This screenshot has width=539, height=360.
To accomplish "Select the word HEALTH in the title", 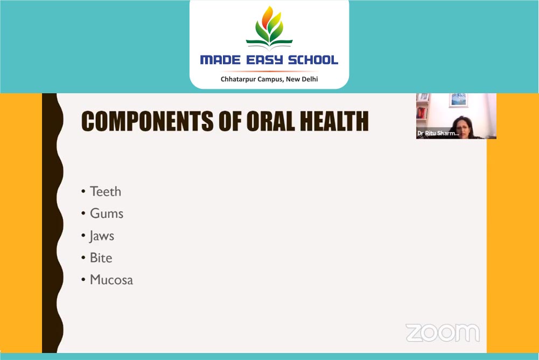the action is pyautogui.click(x=334, y=121).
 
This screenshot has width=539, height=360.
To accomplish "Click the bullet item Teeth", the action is pyautogui.click(x=106, y=191).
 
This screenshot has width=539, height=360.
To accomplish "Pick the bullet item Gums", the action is pyautogui.click(x=107, y=214).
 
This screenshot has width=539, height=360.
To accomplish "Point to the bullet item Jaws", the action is pyautogui.click(x=102, y=236).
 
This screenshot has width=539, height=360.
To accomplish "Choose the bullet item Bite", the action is pyautogui.click(x=101, y=258).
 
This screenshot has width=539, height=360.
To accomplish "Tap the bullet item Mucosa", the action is pyautogui.click(x=111, y=280).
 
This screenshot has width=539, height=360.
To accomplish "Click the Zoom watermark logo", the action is pyautogui.click(x=443, y=333).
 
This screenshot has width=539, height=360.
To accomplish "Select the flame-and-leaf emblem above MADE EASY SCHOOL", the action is pyautogui.click(x=269, y=27).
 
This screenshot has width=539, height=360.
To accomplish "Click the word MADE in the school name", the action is pyautogui.click(x=220, y=60).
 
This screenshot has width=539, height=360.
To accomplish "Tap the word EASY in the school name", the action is pyautogui.click(x=264, y=60).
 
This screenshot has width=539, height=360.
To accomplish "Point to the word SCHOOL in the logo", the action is pyautogui.click(x=313, y=60).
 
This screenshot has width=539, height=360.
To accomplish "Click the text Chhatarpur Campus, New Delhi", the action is pyautogui.click(x=269, y=79).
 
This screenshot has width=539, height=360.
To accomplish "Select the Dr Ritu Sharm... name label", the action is pyautogui.click(x=438, y=133).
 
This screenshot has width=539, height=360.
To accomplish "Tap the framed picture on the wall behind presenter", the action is pyautogui.click(x=458, y=100).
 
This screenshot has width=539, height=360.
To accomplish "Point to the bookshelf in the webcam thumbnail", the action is pyautogui.click(x=422, y=108).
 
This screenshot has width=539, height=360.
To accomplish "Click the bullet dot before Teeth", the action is pyautogui.click(x=83, y=191).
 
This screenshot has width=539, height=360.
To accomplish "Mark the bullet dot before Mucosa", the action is pyautogui.click(x=83, y=280).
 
